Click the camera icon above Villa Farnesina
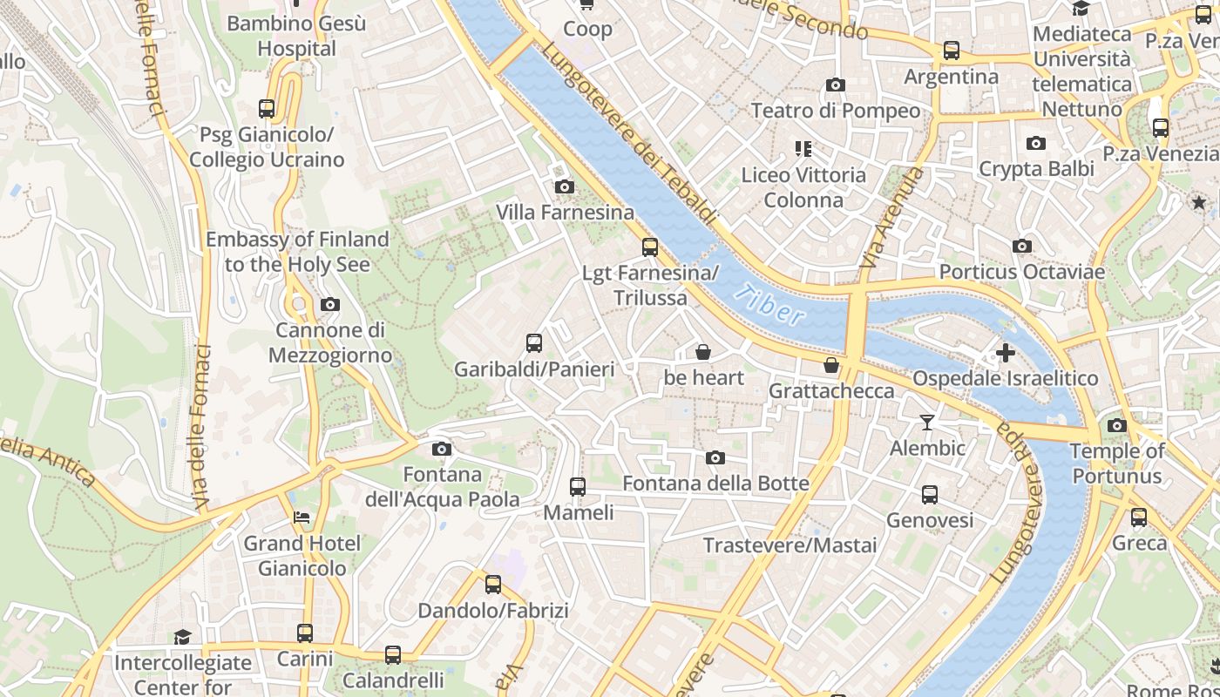click(x=565, y=186)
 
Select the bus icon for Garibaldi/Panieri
click(x=534, y=343)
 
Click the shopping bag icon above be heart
click(x=703, y=352)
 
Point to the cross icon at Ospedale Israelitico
click(x=1006, y=353)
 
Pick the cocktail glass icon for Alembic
click(x=926, y=423)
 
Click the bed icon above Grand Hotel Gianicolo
click(x=302, y=518)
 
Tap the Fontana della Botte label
click(x=715, y=483)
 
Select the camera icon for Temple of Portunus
click(x=1117, y=426)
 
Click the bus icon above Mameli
click(x=578, y=487)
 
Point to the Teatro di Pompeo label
click(x=835, y=111)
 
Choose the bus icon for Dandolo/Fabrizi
click(x=493, y=585)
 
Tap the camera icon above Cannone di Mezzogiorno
click(x=330, y=304)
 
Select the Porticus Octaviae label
click(x=1021, y=272)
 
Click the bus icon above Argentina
click(x=952, y=51)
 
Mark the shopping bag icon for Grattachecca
click(x=831, y=365)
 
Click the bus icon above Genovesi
click(x=930, y=495)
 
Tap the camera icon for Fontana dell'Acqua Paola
click(x=442, y=449)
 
